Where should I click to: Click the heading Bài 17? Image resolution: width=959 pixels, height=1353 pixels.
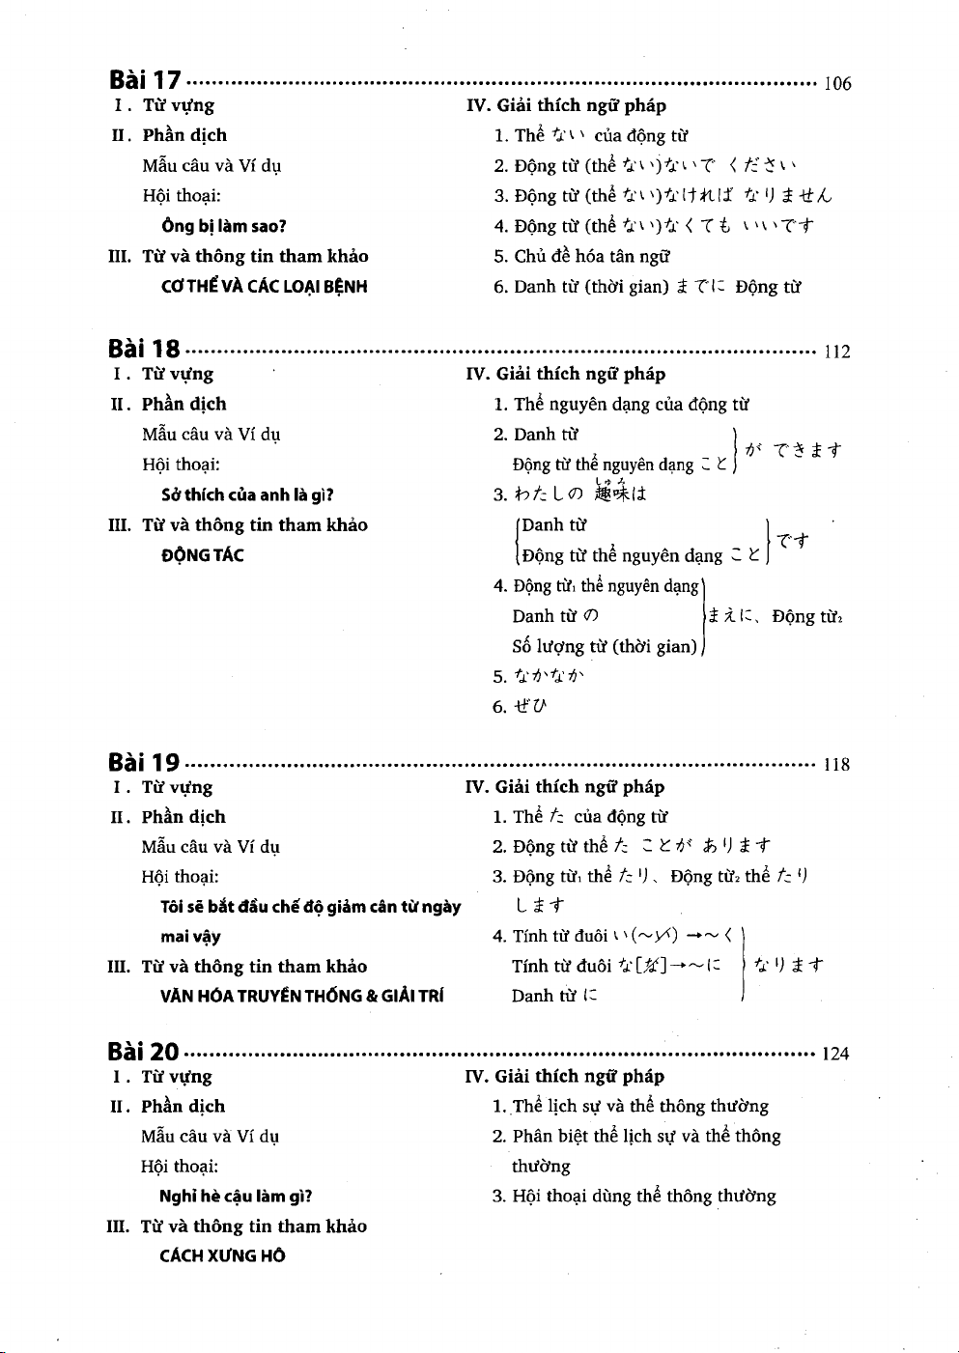[145, 81]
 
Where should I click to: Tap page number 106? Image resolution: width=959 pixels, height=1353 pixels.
[836, 84]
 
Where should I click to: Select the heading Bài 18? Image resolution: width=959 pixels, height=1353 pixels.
[144, 350]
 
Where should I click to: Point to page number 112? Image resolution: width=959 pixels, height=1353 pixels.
[836, 352]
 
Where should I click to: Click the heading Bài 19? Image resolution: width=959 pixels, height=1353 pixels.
[144, 763]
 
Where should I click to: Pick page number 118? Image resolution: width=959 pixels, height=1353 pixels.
[835, 765]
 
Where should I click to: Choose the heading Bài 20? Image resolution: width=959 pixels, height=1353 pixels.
[143, 1052]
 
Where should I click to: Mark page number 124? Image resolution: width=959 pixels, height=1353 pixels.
[835, 1054]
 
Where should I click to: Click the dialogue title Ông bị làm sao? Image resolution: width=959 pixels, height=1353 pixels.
[224, 227]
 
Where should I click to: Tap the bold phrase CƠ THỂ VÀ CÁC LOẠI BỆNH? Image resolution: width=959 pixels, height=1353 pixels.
[265, 287]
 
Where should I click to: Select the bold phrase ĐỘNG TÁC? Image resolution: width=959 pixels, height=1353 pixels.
[203, 555]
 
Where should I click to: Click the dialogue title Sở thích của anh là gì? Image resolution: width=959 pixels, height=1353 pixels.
[247, 495]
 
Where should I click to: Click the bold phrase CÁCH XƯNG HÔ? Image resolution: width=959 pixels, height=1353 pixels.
[222, 1256]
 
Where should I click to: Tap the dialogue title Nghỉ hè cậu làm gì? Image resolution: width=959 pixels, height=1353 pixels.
[236, 1197]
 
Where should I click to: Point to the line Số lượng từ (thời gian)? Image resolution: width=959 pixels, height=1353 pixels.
[605, 647]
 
